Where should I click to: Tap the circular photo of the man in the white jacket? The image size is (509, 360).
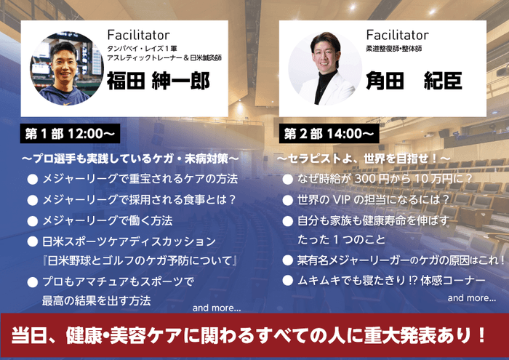tap(321, 67)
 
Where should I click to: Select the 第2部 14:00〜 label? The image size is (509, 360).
tap(329, 135)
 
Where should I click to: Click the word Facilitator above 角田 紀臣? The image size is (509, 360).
tap(398, 34)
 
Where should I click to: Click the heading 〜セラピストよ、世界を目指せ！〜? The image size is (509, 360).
tap(364, 158)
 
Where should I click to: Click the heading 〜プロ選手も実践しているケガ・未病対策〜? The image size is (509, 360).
tap(130, 158)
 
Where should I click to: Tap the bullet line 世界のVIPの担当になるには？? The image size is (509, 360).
tap(374, 199)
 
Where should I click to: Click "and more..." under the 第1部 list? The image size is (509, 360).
tap(217, 308)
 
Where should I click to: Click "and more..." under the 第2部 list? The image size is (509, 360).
tap(471, 297)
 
